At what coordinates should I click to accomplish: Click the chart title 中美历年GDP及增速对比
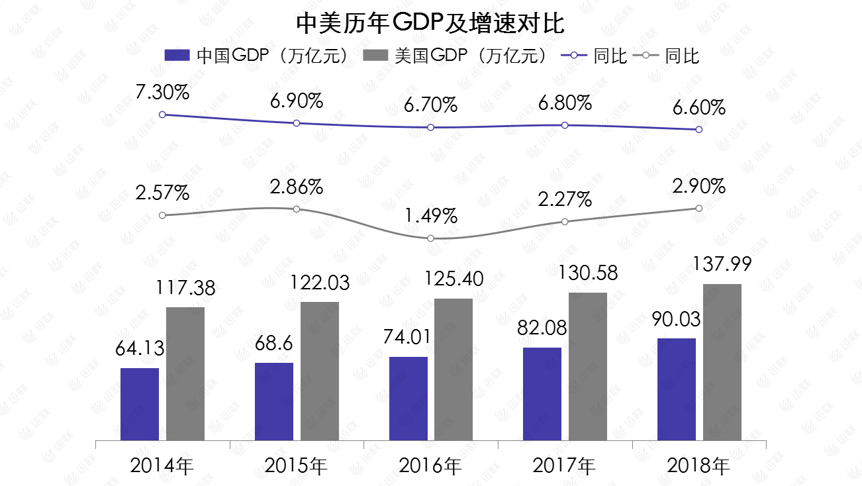coord(430,23)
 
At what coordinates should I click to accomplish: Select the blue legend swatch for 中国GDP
coord(177,56)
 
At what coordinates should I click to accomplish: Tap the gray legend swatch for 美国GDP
coord(375,56)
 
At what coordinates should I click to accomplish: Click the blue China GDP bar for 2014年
coord(140,404)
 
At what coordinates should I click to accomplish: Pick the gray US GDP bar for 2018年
coord(722,362)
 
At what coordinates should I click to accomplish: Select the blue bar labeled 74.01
coord(408,399)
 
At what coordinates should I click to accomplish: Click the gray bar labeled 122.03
coord(320,371)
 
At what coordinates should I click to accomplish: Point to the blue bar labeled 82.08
coord(542,394)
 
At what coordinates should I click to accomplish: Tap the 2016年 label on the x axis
coord(430,465)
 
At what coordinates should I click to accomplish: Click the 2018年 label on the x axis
coord(698,465)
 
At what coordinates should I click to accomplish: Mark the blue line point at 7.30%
coord(162,115)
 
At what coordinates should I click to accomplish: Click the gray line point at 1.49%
coord(430,238)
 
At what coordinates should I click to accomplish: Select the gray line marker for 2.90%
coord(699,208)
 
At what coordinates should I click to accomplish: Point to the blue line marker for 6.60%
coord(699,130)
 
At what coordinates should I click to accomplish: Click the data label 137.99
coord(722,264)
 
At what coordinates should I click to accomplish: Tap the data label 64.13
coord(140,348)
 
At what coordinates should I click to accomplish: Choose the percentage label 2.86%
coord(297,187)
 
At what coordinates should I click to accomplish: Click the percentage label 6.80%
coord(565,103)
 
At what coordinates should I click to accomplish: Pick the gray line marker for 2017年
coord(565,222)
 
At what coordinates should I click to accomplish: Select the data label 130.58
coord(588,273)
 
